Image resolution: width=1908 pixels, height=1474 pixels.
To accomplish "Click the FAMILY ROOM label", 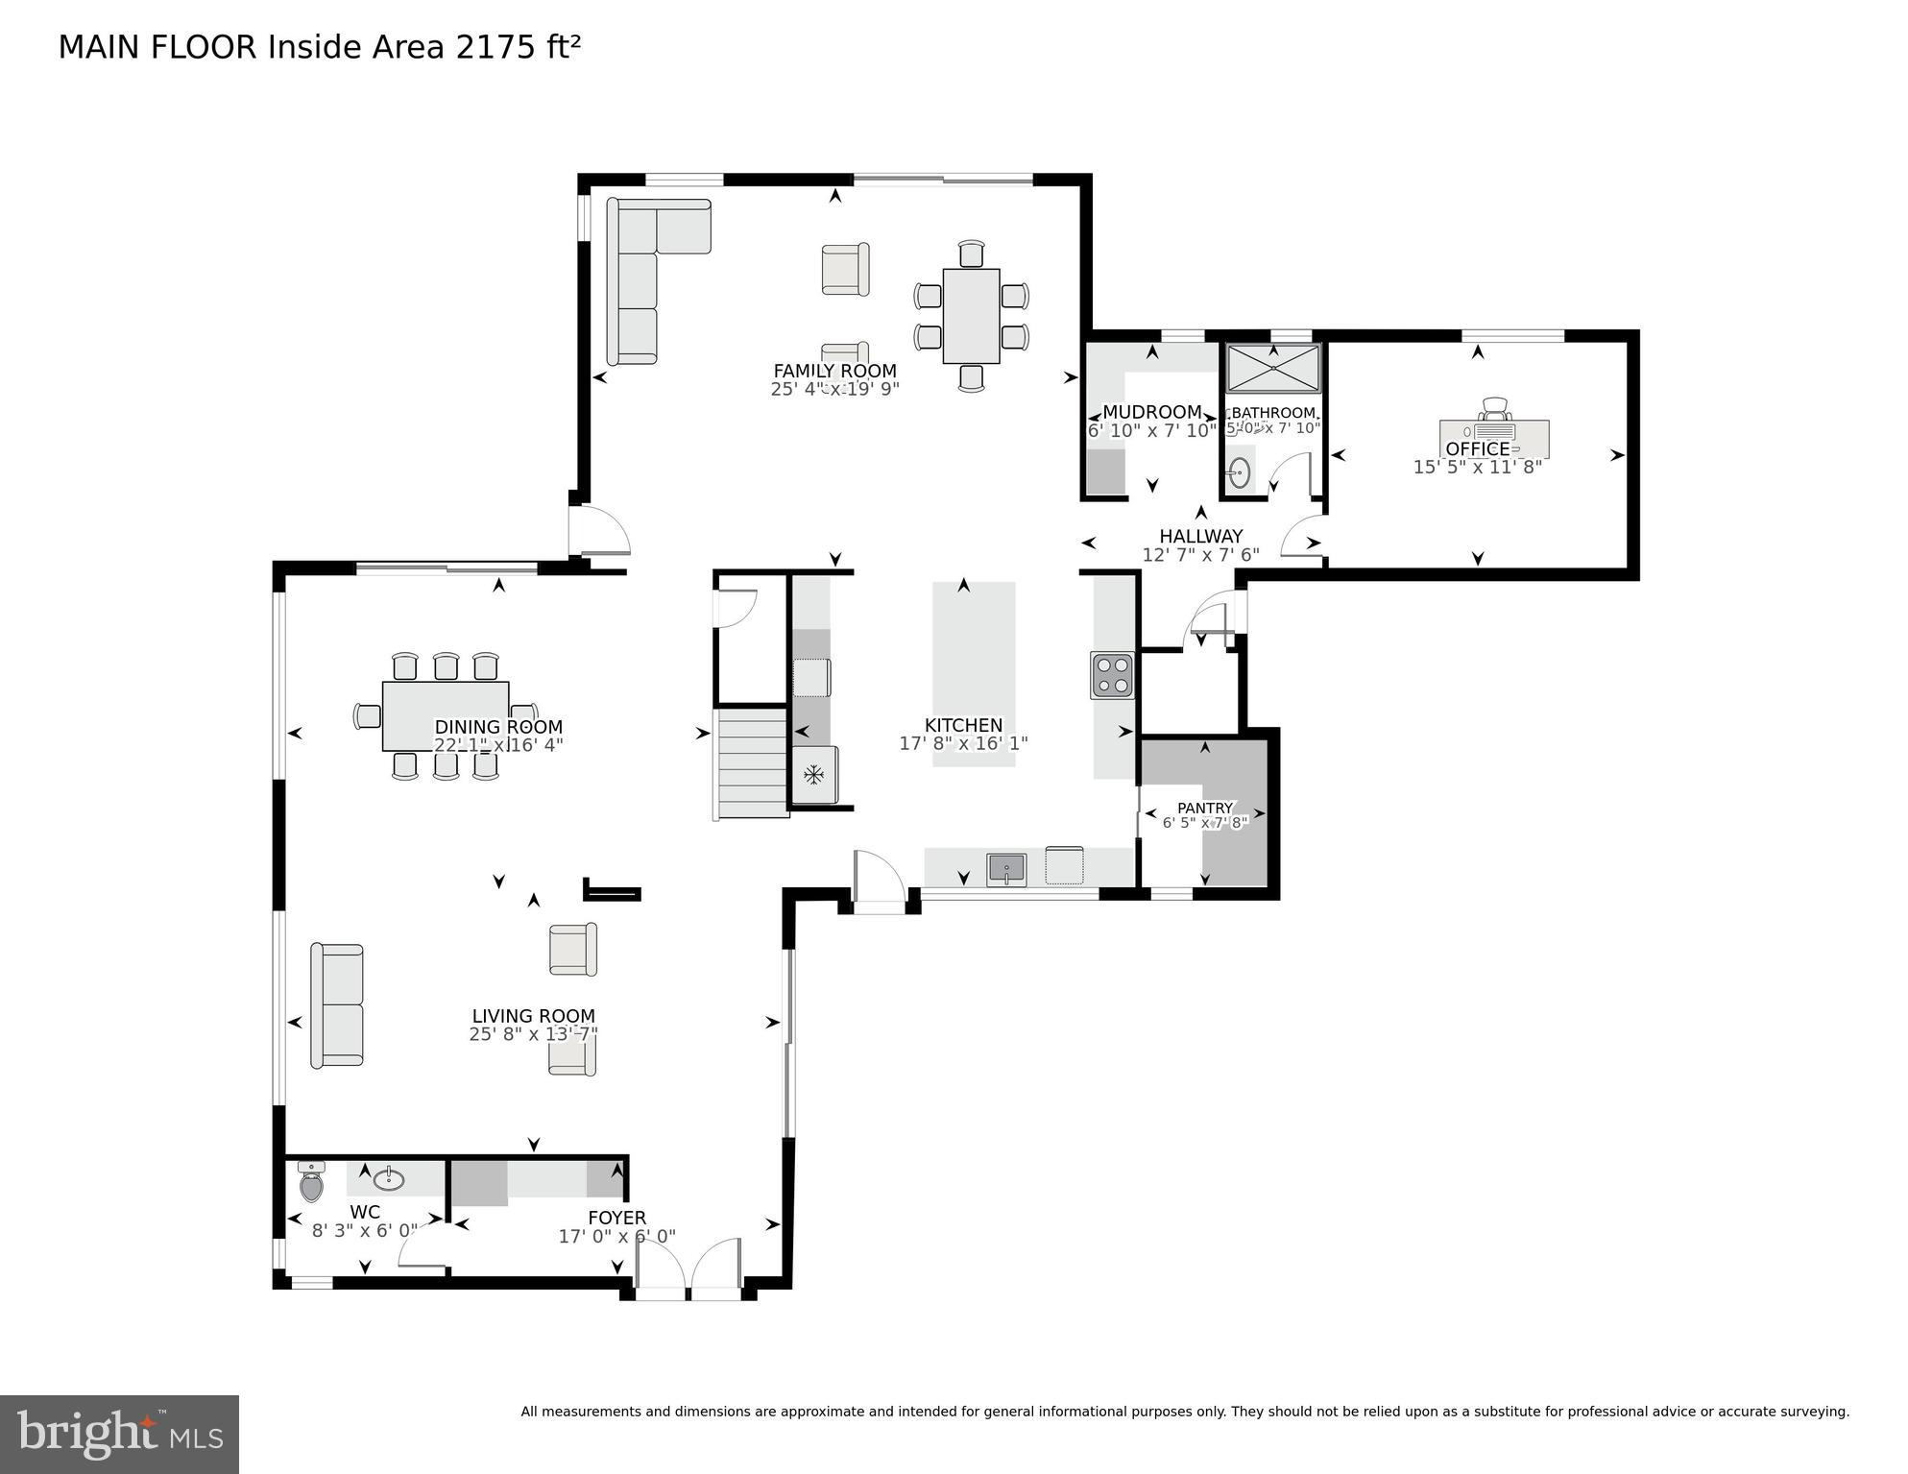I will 834,371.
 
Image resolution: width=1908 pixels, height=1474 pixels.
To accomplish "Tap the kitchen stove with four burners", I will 1112,675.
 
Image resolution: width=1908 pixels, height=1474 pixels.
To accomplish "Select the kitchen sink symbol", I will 1006,869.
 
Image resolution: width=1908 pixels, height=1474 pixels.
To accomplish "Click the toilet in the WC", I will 311,1183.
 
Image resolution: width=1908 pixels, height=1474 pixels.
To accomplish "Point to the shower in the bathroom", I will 1273,368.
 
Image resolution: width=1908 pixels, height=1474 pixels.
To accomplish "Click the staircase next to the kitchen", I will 753,763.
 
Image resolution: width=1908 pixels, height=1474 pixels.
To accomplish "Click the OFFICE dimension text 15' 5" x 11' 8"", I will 1477,468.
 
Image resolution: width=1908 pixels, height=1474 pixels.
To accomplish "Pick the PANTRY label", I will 1204,809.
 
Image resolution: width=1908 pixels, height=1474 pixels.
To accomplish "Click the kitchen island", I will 973,672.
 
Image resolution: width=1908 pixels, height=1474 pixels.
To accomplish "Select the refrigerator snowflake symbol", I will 813,774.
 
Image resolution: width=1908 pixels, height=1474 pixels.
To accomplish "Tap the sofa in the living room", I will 336,1005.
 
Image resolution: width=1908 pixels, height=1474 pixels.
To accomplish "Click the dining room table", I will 445,715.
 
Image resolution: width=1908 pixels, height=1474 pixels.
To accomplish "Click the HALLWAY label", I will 1200,537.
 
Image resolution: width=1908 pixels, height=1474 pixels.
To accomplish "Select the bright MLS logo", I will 119,1435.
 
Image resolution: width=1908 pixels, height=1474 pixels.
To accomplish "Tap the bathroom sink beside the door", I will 1240,472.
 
